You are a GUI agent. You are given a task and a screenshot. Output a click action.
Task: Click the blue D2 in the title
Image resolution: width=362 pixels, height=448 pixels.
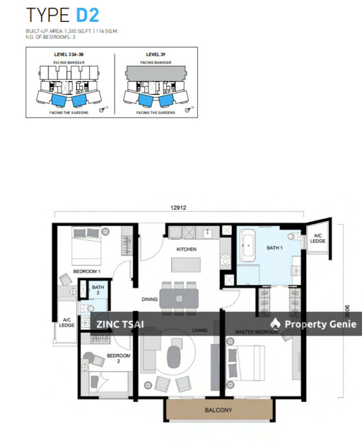[x=88, y=15]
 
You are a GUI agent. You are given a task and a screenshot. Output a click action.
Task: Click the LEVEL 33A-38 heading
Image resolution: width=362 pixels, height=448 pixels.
[x=69, y=54]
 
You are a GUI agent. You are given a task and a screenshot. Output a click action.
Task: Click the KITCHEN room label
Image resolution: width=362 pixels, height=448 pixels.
[x=187, y=249]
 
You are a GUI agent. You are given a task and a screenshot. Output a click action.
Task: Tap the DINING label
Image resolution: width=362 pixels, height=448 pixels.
[x=148, y=300]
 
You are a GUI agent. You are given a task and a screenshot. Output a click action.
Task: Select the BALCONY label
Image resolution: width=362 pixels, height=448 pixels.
[x=220, y=411]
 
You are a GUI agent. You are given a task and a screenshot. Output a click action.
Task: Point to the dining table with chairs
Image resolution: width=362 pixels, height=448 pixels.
[x=179, y=297]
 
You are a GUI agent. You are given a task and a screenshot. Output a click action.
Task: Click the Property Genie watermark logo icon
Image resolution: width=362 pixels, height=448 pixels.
[x=276, y=324]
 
